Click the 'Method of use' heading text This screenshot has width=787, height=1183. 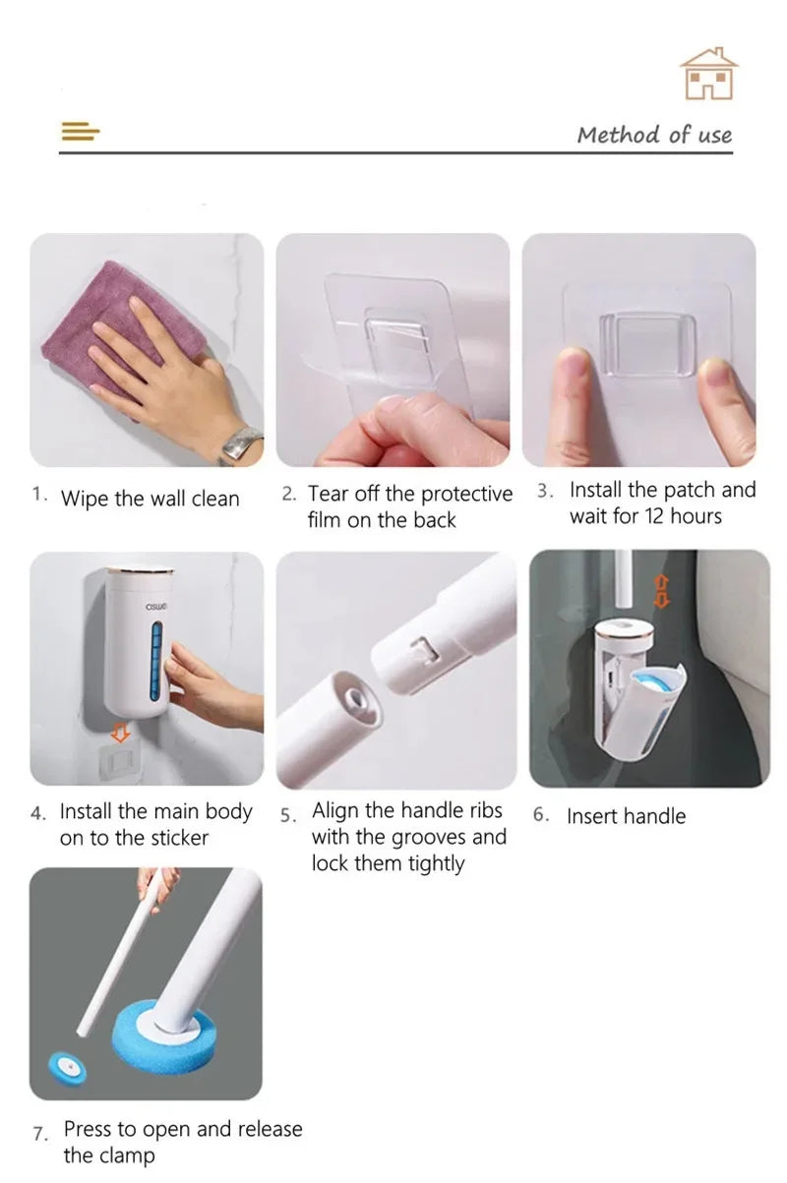click(x=654, y=135)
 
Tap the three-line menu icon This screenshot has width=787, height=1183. click(x=81, y=131)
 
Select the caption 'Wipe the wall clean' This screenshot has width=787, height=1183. click(x=150, y=499)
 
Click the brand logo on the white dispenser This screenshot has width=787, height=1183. click(x=155, y=606)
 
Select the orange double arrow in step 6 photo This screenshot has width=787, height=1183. click(x=661, y=589)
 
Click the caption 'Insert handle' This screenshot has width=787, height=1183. click(x=626, y=816)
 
